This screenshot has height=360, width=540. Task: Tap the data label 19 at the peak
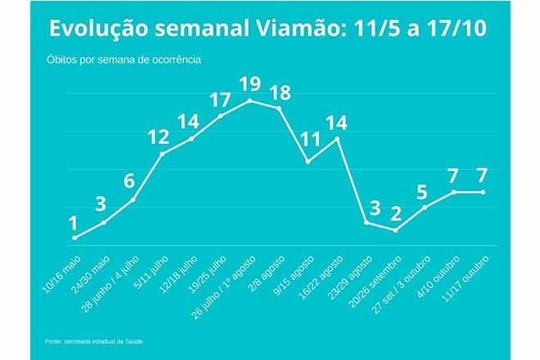[250, 83]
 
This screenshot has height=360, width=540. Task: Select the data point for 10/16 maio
[74, 238]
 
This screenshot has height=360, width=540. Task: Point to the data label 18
[281, 91]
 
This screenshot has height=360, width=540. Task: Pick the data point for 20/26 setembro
[395, 231]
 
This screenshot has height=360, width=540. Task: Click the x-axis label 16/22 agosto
[319, 277]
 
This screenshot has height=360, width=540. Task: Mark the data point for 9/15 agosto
[308, 162]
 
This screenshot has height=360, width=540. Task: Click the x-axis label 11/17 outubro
[465, 277]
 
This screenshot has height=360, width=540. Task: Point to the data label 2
[396, 214]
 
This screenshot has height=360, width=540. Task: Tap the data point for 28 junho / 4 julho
[133, 200]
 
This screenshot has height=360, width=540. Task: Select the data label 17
[220, 100]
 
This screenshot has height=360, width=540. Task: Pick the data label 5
[422, 192]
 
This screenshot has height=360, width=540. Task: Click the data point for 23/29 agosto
[366, 223]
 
